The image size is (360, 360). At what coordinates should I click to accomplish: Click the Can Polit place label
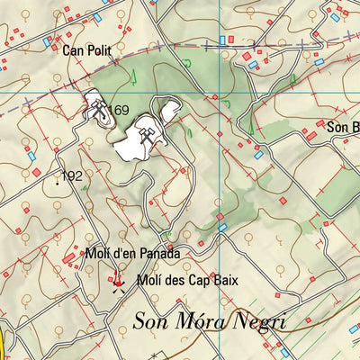[87, 51]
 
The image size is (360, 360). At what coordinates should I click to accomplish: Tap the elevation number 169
[120, 111]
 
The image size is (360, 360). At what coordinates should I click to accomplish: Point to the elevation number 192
[72, 175]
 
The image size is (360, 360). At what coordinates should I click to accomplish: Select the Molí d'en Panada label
[133, 255]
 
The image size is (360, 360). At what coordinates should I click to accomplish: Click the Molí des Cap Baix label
[187, 280]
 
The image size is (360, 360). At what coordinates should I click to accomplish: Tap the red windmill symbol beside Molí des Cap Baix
[117, 283]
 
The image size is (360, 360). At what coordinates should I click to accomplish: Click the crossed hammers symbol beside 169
[96, 109]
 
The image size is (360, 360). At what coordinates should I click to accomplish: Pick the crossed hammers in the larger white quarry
[147, 135]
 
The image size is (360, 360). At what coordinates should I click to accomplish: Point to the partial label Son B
[342, 127]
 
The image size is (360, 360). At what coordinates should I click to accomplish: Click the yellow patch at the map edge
[4, 343]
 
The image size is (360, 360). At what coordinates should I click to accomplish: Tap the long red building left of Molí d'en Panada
[68, 258]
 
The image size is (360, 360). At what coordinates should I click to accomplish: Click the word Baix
[225, 280]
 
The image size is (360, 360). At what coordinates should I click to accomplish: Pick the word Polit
[99, 51]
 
